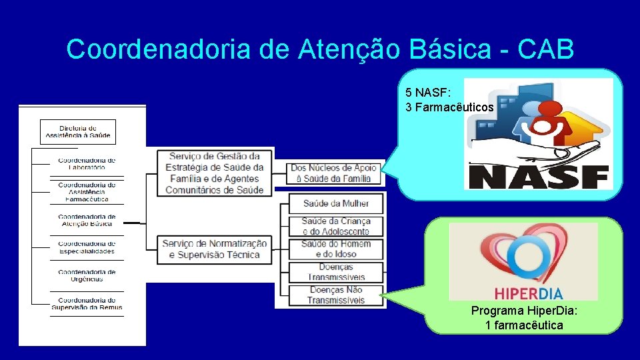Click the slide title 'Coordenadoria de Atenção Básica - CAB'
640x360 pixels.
point(320,49)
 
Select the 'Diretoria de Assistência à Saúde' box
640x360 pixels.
point(78,132)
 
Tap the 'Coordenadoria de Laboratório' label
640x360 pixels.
point(87,164)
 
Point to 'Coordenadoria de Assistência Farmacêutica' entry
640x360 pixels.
point(87,192)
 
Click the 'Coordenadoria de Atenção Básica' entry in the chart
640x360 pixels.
point(87,221)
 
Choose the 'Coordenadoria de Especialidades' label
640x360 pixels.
point(87,247)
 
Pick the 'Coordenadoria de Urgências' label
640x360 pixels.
point(87,275)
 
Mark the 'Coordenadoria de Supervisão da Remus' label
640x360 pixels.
point(87,303)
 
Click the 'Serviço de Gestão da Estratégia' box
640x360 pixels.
point(215,173)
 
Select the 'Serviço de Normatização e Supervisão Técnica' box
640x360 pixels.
point(215,249)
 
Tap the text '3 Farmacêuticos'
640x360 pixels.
point(450,107)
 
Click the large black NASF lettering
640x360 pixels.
point(539,177)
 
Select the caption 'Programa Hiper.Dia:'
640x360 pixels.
point(524,311)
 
